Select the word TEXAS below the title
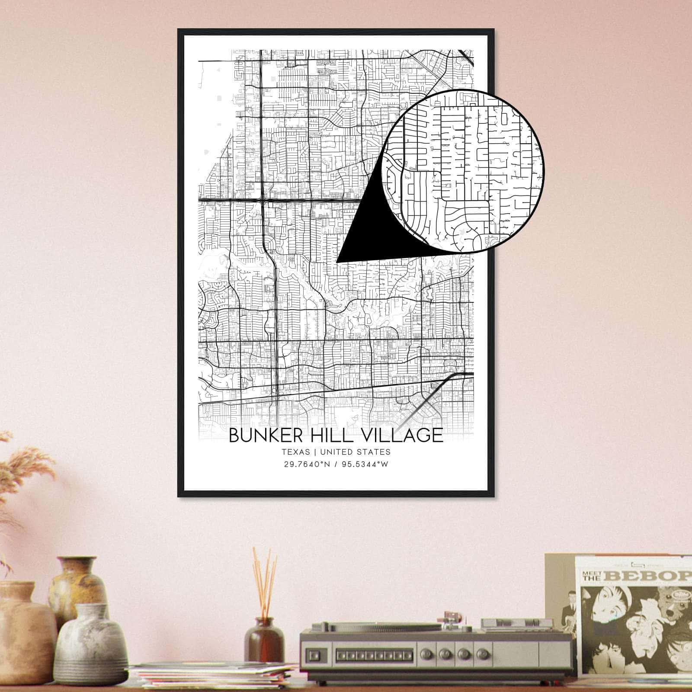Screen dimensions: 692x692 click(296, 452)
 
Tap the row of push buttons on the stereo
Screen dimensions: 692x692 click(372, 656)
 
